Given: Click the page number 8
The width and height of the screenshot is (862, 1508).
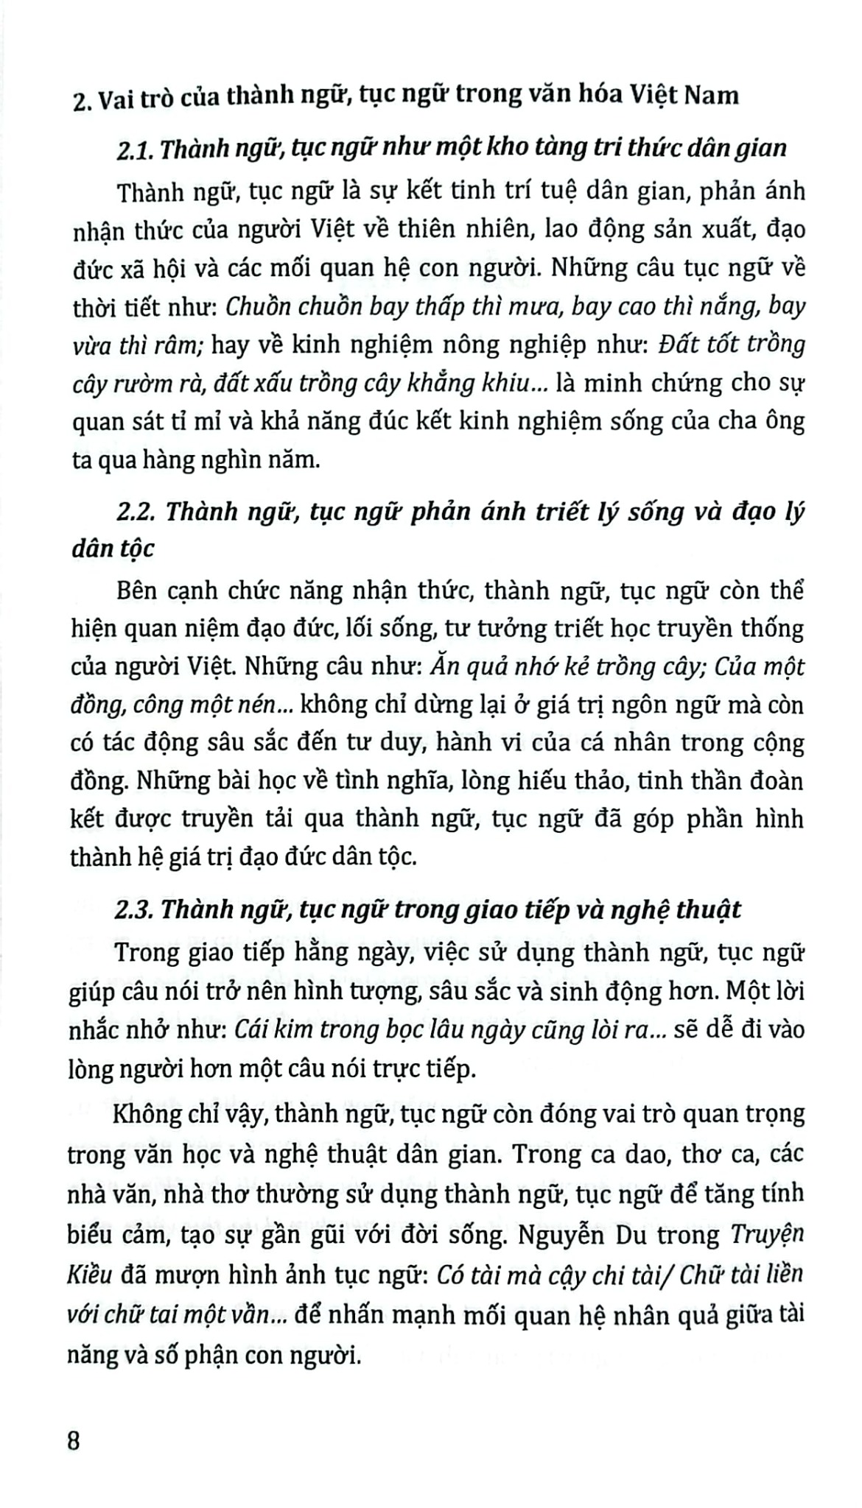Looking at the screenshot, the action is pyautogui.click(x=74, y=1440).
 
